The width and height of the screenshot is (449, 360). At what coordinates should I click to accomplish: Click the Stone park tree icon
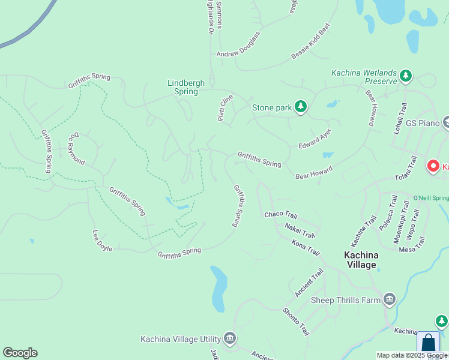(x=301, y=107)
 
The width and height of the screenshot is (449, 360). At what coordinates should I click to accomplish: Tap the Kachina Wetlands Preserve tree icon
(x=406, y=76)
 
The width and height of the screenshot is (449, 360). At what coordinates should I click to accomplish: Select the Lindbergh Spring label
(x=185, y=87)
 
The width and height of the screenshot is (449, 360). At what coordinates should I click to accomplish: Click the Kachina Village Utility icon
(x=229, y=339)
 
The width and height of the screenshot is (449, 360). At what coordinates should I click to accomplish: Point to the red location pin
(x=432, y=166)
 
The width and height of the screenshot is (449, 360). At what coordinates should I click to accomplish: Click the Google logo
(x=20, y=353)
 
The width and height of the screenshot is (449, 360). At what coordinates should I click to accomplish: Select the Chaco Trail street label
(x=281, y=215)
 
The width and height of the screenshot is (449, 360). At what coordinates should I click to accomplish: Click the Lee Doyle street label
(x=102, y=241)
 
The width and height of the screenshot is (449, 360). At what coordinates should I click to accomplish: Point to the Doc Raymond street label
(x=76, y=149)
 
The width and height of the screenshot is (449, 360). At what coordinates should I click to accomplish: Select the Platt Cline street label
(x=225, y=107)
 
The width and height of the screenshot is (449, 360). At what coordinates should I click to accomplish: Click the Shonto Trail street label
(x=296, y=321)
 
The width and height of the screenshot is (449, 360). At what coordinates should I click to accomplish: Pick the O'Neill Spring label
(x=431, y=198)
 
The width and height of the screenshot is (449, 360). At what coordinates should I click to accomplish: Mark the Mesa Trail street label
(x=412, y=245)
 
